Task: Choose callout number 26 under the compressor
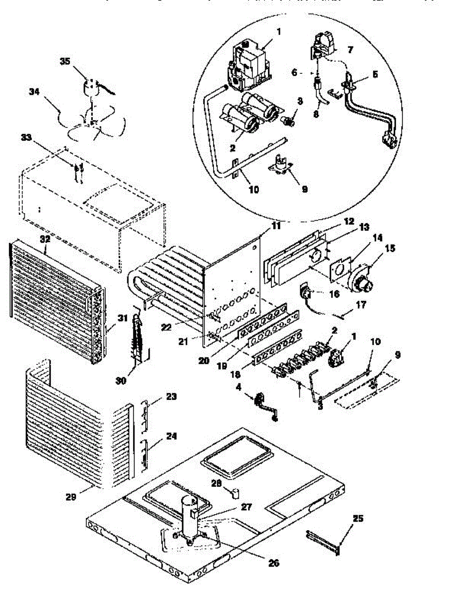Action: coord(273,563)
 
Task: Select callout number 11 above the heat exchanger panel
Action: coord(276,226)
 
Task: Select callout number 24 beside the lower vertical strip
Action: coord(171,435)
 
